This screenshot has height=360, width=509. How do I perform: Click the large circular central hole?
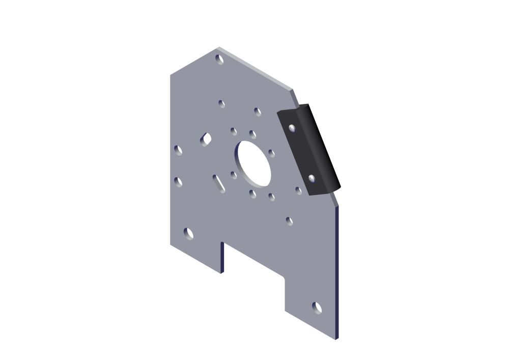tap(253, 163)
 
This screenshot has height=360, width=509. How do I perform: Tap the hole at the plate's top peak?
tap(220, 60)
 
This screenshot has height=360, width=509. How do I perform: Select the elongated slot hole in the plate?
tap(219, 183)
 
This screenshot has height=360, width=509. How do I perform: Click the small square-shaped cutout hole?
tap(206, 138)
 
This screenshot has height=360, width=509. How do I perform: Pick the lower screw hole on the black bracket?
tap(312, 178)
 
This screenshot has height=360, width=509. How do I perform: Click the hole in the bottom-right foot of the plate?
tap(317, 308)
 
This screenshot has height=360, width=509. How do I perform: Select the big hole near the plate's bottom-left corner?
tap(188, 234)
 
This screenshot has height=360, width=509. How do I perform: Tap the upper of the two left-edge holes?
tap(178, 150)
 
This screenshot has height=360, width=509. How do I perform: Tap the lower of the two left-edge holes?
tap(178, 182)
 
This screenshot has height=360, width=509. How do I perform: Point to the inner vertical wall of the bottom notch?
tap(222, 257)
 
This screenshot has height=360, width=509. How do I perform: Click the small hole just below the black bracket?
tap(299, 190)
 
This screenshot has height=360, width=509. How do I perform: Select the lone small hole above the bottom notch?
tap(289, 221)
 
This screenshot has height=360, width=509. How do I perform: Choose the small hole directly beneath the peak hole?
tap(221, 104)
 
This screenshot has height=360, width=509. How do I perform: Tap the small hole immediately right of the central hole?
tap(271, 153)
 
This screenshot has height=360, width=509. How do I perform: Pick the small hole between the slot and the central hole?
tap(234, 175)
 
